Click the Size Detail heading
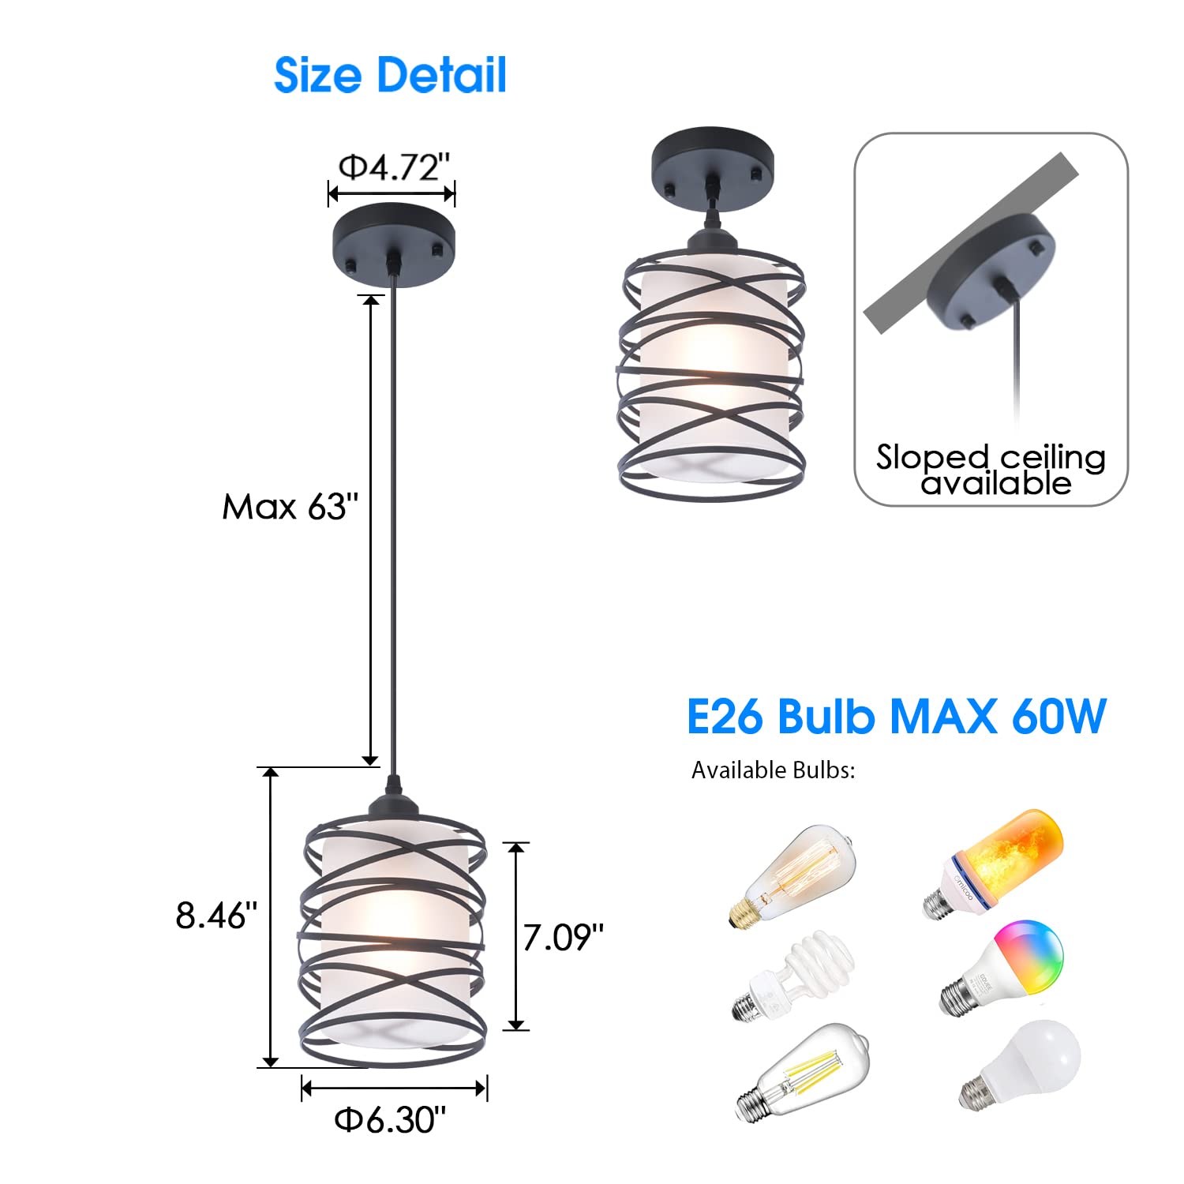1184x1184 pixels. pyautogui.click(x=390, y=76)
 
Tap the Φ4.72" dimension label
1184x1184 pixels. pyautogui.click(x=394, y=167)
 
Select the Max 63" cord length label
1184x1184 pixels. pyautogui.click(x=290, y=507)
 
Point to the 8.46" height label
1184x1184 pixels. pyautogui.click(x=216, y=916)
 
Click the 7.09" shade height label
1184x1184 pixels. pyautogui.click(x=563, y=938)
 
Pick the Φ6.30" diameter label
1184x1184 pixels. pyautogui.click(x=390, y=1119)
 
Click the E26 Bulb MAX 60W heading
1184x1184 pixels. pyautogui.click(x=896, y=717)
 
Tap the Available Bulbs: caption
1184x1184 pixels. pyautogui.click(x=773, y=770)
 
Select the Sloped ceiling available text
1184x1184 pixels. pyautogui.click(x=991, y=470)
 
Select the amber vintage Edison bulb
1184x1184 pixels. pyautogui.click(x=793, y=876)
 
